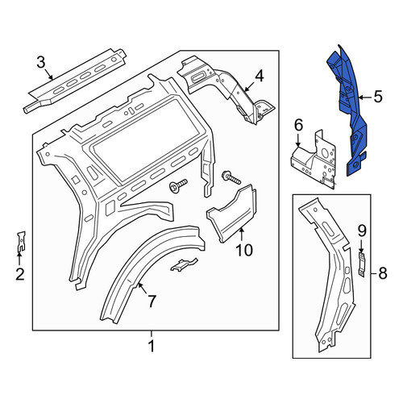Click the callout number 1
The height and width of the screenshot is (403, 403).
tap(152, 346)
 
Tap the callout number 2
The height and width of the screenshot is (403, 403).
tap(20, 274)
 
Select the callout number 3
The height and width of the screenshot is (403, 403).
tap(41, 62)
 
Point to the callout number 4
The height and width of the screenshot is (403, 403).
tap(260, 76)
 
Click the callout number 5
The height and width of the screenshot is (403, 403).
tap(378, 97)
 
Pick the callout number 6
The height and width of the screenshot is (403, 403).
tap(298, 125)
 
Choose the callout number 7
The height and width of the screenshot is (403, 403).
tap(152, 301)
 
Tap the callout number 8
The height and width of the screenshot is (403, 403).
tap(383, 273)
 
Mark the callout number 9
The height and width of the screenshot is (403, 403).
tap(362, 231)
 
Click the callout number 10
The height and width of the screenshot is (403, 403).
tap(244, 250)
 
